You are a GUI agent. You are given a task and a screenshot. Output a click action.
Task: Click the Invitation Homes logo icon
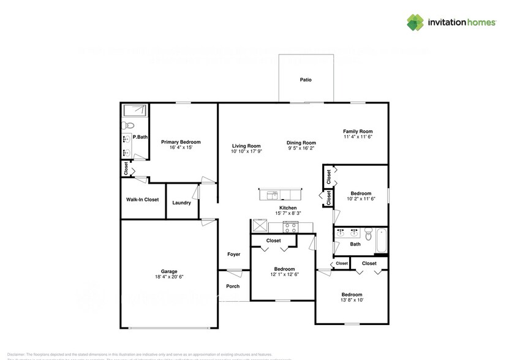(x=416, y=22)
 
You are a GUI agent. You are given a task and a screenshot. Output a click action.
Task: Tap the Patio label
(x=305, y=80)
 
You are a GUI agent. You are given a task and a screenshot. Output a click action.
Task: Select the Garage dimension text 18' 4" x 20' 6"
(x=168, y=277)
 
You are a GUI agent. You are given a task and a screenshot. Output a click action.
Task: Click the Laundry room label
(x=181, y=203)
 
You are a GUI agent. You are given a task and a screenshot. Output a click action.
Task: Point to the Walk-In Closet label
(x=143, y=200)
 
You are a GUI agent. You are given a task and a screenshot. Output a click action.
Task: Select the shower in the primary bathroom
(x=134, y=111)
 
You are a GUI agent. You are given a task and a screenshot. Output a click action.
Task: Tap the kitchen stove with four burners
(x=290, y=227)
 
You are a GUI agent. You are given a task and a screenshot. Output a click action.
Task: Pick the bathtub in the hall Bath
(x=382, y=240)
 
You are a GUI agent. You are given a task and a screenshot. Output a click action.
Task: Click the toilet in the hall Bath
(x=368, y=234)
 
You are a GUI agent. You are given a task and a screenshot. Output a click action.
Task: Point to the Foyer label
(x=234, y=254)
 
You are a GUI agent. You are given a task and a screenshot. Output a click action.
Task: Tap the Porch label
(x=233, y=286)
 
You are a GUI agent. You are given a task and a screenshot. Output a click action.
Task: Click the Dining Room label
(x=301, y=143)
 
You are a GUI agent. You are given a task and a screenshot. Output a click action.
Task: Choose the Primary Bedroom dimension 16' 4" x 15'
(x=181, y=148)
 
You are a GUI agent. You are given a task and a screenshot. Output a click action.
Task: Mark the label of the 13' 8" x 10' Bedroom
(x=352, y=294)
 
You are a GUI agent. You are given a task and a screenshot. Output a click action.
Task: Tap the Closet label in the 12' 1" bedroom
(x=274, y=241)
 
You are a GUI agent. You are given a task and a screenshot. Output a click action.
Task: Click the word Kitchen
(x=288, y=208)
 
